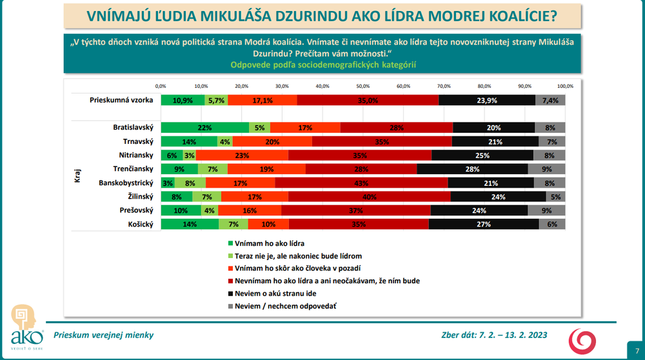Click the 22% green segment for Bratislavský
pyautogui.click(x=205, y=128)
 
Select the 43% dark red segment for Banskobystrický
pyautogui.click(x=362, y=183)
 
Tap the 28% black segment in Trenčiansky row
pyautogui.click(x=473, y=169)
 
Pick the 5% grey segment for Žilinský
pyautogui.click(x=555, y=197)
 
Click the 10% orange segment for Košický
pyautogui.click(x=268, y=225)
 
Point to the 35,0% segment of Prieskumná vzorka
pyautogui.click(x=368, y=100)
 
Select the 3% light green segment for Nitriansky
pyautogui.click(x=190, y=155)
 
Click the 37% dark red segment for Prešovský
pyautogui.click(x=356, y=210)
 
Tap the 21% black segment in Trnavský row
pyautogui.click(x=495, y=141)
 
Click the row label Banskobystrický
pyautogui.click(x=126, y=183)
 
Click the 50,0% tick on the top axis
pyautogui.click(x=362, y=86)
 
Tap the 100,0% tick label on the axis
pyautogui.click(x=565, y=86)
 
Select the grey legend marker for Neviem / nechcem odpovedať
pyautogui.click(x=229, y=305)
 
